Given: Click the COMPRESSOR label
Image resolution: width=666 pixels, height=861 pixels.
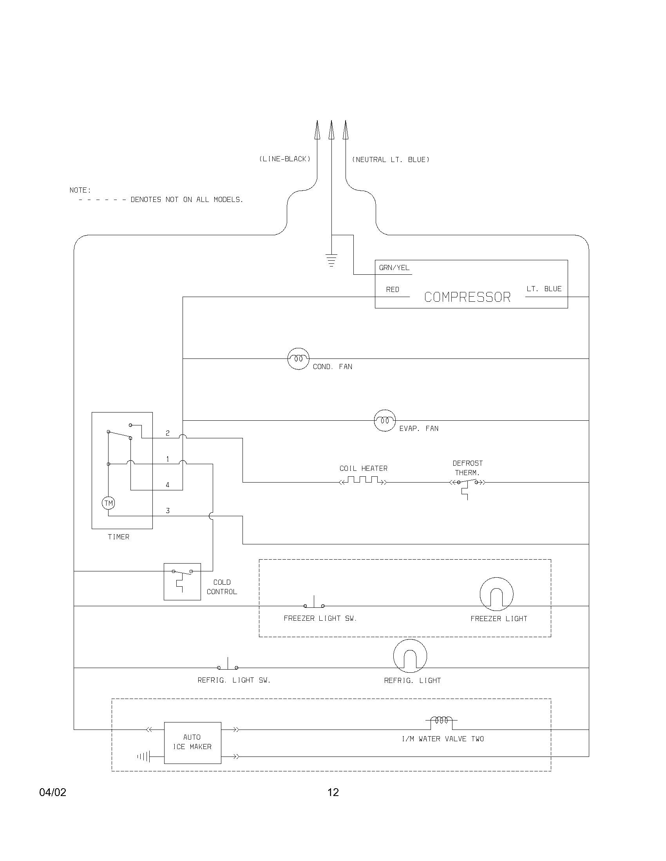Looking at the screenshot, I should [x=467, y=297].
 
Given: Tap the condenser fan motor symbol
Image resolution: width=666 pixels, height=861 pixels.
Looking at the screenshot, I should [x=298, y=359].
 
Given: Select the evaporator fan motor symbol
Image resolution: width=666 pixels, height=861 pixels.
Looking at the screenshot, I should [x=385, y=421].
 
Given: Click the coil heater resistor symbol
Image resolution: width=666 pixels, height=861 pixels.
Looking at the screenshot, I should [x=363, y=481].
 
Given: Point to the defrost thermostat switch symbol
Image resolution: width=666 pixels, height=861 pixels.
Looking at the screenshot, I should [x=467, y=483].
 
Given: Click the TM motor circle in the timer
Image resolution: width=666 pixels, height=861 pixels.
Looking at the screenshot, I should [x=109, y=503].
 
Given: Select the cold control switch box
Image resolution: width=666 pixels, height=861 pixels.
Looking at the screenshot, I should [x=182, y=582].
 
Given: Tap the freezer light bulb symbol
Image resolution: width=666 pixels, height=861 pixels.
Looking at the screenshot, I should [x=496, y=594].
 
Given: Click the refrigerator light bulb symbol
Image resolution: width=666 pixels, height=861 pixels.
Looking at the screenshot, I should [x=410, y=656].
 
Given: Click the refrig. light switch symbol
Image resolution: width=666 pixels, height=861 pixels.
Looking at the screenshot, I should [x=228, y=666].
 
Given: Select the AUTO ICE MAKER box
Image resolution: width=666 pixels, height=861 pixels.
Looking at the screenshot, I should [x=192, y=743].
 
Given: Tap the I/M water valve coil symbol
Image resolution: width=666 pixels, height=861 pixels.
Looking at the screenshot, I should [x=441, y=721].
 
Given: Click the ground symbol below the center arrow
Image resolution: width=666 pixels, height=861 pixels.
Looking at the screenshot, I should [x=331, y=260].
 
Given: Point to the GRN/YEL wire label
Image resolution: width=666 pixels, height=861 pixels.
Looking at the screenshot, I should [x=394, y=268].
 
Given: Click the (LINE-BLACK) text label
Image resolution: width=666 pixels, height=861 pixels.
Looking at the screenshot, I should [x=284, y=159].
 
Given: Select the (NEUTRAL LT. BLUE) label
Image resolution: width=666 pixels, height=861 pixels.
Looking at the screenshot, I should [x=391, y=160].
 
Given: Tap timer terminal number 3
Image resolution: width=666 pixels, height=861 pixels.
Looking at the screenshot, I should [x=168, y=511].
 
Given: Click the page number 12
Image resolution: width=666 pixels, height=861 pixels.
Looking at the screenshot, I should [x=333, y=793].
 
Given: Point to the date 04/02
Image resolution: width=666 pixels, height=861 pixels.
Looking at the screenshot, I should [x=53, y=793].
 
